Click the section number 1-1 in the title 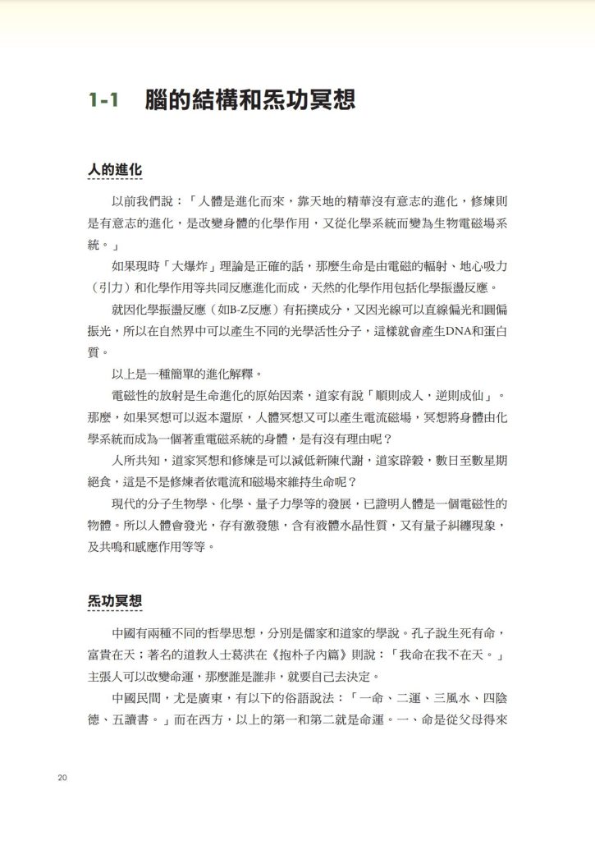coord(106,101)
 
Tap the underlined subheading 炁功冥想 coord(115,601)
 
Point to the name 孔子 coord(414,635)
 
